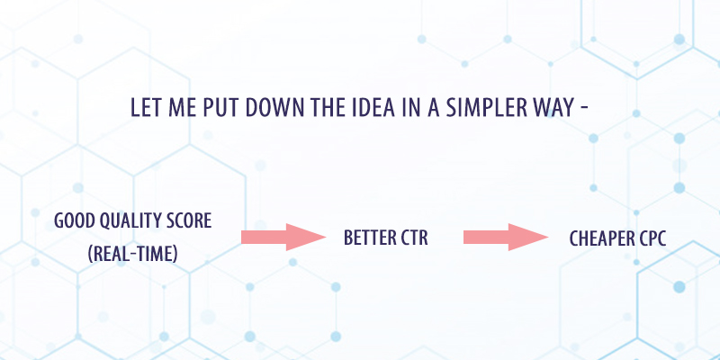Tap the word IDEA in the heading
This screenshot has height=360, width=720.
(373, 107)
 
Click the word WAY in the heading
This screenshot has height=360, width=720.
(554, 107)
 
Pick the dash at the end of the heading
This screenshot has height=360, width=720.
(584, 109)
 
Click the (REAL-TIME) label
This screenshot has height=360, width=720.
(132, 254)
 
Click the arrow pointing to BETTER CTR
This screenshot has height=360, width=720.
(283, 237)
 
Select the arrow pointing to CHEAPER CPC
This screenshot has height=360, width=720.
(506, 237)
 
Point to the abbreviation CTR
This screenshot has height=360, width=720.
(413, 238)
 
